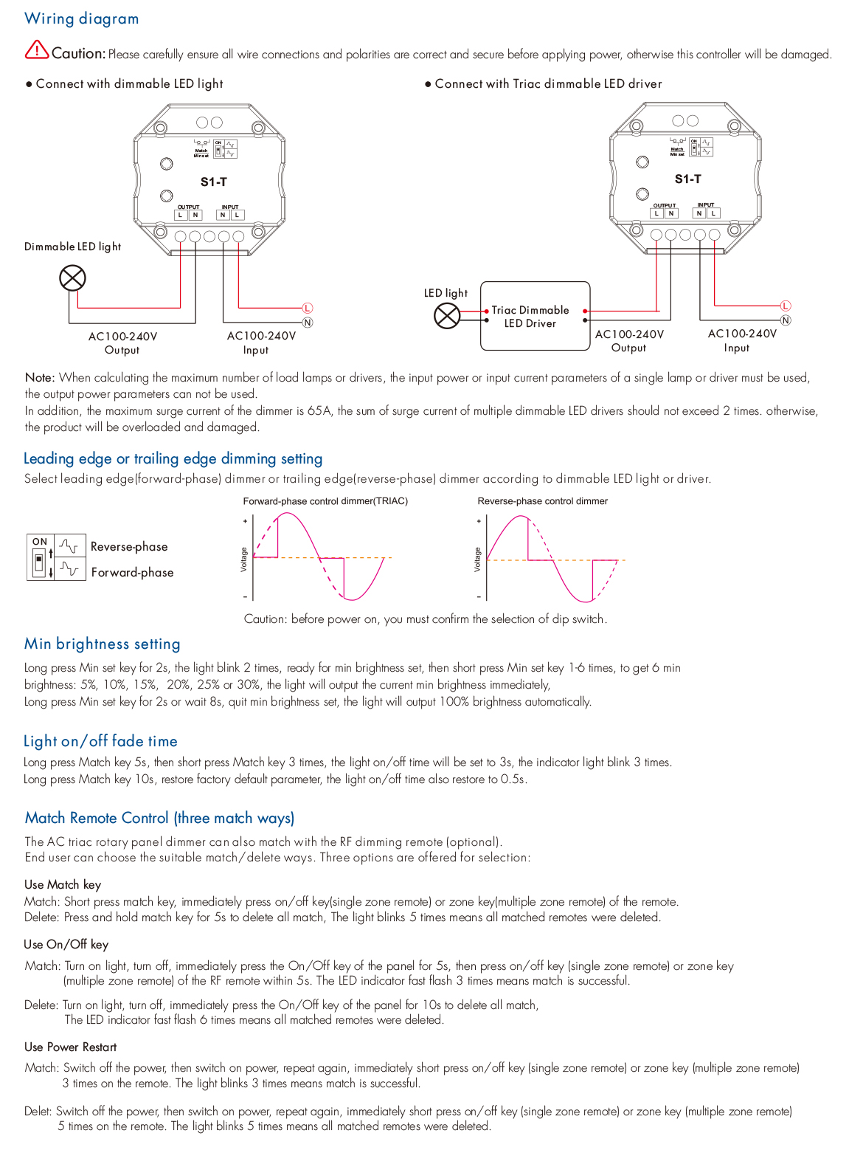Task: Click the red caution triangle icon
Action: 36,50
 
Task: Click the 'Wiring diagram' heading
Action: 81,18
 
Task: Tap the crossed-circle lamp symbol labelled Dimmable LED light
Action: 72,278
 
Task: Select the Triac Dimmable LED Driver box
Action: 535,316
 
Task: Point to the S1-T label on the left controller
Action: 214,182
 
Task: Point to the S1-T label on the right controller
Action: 687,179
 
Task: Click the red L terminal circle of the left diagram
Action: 308,308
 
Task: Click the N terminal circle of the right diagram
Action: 786,320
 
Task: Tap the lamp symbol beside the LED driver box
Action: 447,316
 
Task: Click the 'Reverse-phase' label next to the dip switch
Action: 129,547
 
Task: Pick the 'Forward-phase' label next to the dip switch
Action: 132,573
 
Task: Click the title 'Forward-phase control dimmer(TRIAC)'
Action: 325,501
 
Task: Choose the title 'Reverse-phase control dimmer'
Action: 542,501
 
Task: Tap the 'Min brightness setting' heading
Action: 102,644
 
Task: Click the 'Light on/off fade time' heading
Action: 100,741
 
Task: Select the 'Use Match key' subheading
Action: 63,884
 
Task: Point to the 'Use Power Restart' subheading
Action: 70,1047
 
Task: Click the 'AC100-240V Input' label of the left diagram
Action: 261,342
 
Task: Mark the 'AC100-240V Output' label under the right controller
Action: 629,341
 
